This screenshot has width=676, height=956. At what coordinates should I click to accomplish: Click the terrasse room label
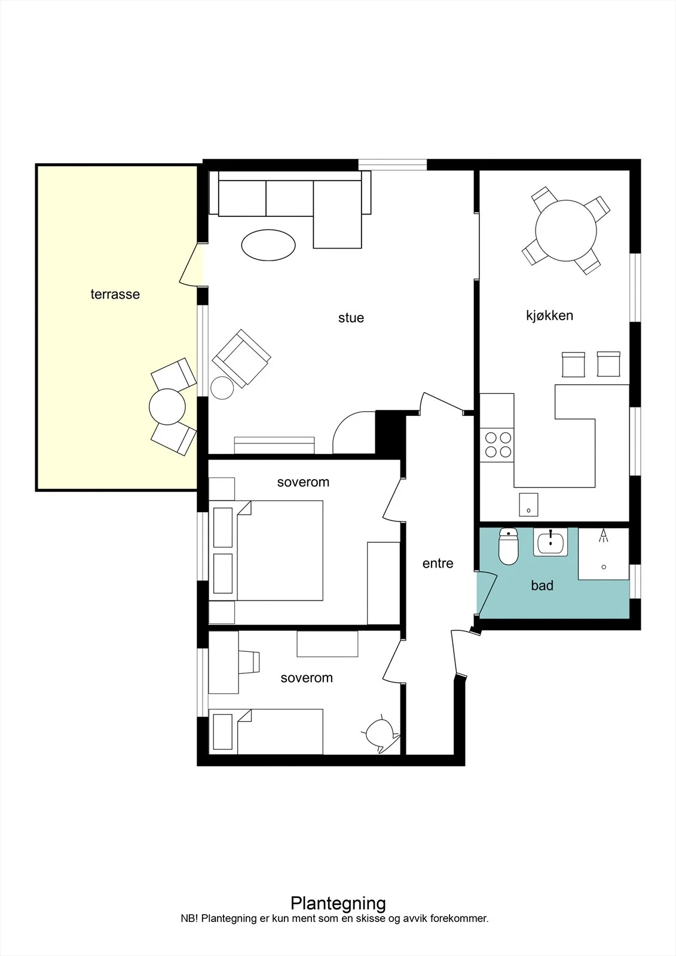(x=115, y=294)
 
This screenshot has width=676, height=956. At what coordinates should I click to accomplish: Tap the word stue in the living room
(x=351, y=317)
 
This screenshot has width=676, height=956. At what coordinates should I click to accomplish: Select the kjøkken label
(x=550, y=316)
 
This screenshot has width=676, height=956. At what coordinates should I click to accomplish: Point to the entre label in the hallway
(x=438, y=563)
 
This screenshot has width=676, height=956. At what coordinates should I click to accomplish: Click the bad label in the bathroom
(x=542, y=585)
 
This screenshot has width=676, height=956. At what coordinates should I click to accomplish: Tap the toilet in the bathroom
(x=509, y=546)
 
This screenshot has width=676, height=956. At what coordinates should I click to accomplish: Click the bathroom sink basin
(x=550, y=542)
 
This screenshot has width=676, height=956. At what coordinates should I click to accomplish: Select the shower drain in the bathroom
(x=604, y=567)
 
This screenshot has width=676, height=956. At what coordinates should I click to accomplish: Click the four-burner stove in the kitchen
(x=497, y=445)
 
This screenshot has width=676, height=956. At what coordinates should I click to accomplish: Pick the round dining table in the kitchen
(x=566, y=231)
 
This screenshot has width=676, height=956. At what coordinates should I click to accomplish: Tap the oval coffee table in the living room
(x=268, y=245)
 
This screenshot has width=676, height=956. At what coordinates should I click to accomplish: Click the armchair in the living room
(x=241, y=358)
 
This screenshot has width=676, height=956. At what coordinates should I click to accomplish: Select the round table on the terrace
(x=167, y=406)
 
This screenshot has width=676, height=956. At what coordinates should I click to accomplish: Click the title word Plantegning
(x=338, y=903)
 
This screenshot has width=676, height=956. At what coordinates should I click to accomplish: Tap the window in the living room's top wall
(x=393, y=165)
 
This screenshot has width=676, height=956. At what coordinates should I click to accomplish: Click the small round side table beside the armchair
(x=222, y=388)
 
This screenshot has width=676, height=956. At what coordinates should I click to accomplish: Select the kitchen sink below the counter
(x=528, y=505)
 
